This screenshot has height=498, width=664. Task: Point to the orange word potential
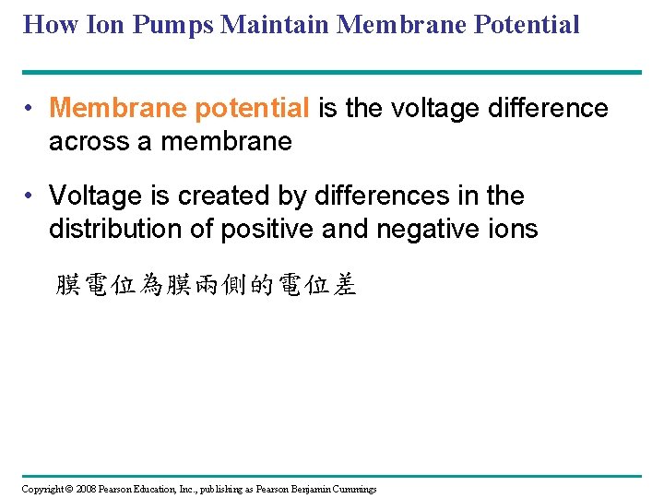251,109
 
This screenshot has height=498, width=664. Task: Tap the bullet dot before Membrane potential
30,109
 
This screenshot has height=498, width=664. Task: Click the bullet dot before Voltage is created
30,196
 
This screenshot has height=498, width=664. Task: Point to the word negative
429,228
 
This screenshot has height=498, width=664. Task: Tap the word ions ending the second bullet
512,228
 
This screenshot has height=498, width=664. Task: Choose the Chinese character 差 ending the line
345,286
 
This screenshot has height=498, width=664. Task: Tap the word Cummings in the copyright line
351,489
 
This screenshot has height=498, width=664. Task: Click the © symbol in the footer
66,489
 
